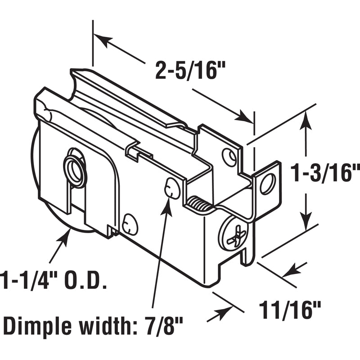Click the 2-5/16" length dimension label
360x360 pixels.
pos(189,71)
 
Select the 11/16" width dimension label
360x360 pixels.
pos(291,310)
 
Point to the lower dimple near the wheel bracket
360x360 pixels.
pos(128,224)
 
